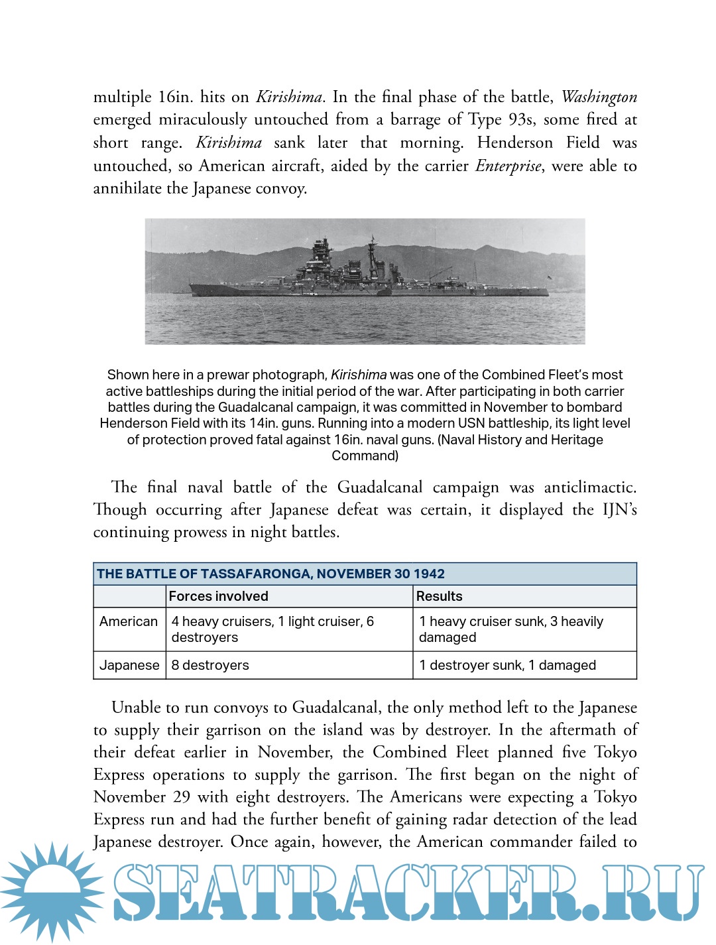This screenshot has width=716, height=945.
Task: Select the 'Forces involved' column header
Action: (x=219, y=596)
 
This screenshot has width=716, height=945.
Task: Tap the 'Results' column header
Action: (x=439, y=596)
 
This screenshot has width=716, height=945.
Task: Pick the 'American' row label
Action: (x=129, y=621)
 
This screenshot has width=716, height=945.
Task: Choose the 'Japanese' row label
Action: (x=129, y=665)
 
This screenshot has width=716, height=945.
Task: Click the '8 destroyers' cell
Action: (x=210, y=665)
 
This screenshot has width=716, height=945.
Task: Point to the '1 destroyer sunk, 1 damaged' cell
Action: (x=507, y=665)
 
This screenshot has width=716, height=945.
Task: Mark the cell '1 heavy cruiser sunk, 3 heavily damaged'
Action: (x=511, y=629)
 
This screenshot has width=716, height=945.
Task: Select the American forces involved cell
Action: (x=272, y=629)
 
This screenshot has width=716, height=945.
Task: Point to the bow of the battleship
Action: (x=193, y=287)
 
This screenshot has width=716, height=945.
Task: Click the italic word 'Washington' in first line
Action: (x=599, y=97)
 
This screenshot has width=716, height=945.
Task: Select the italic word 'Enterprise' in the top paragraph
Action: (x=508, y=166)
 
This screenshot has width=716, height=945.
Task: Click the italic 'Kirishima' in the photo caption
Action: (x=359, y=375)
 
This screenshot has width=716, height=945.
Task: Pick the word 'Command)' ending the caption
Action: (x=365, y=456)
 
